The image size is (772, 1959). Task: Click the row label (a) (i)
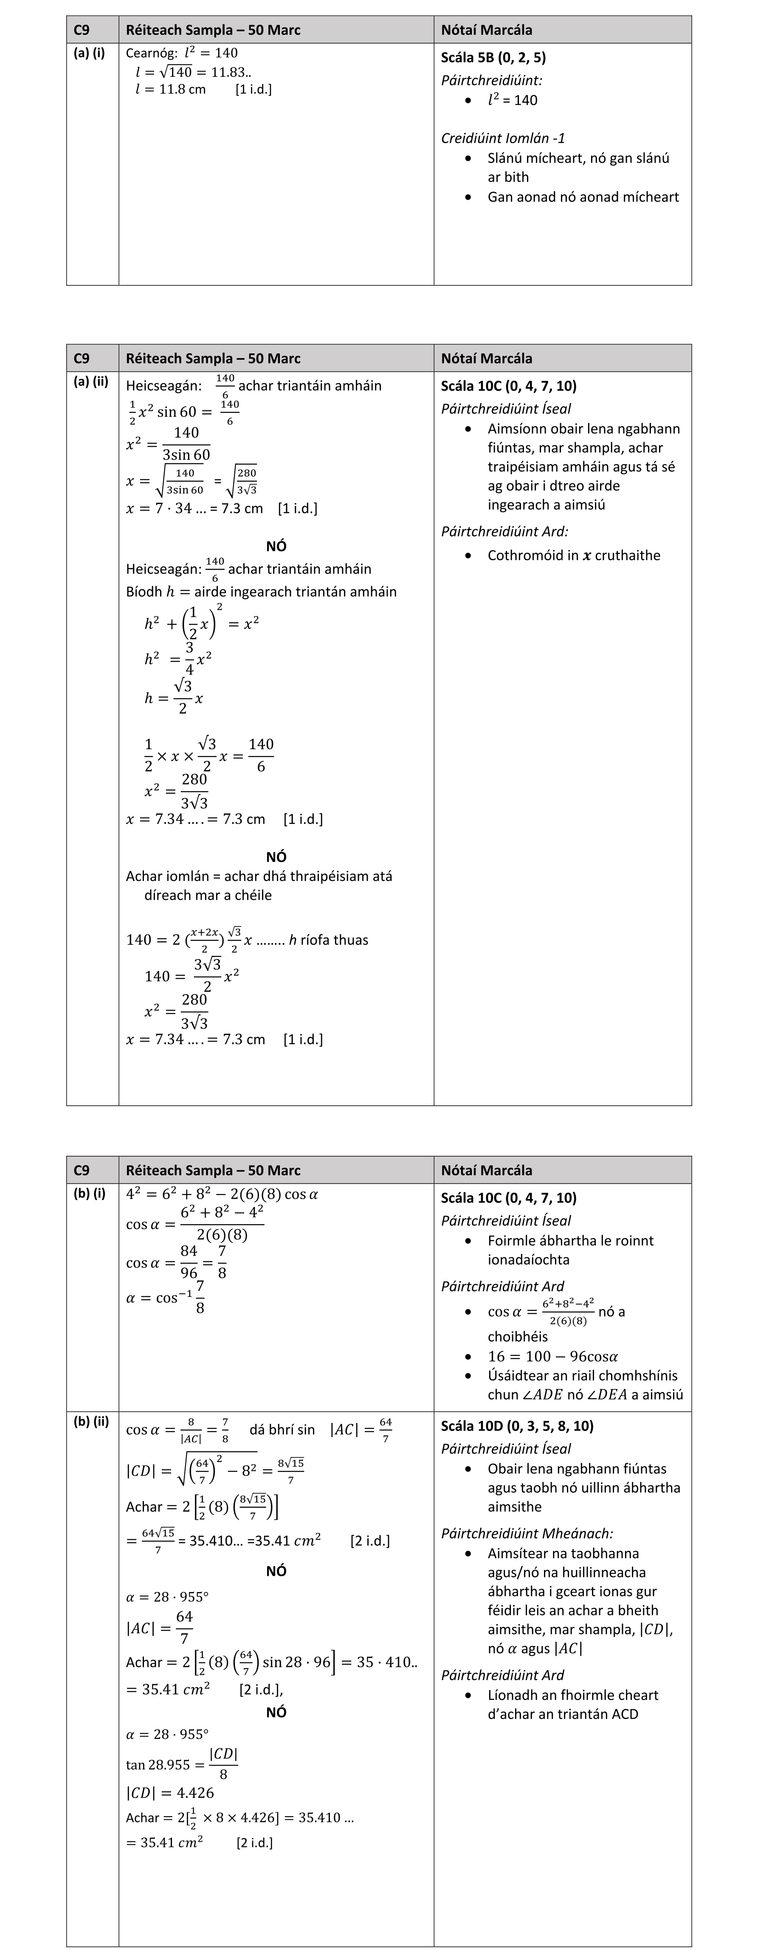point(89,53)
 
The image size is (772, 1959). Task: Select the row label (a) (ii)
point(90,382)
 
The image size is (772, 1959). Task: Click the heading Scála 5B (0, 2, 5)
point(493,58)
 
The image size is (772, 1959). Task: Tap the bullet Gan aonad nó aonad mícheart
point(583,197)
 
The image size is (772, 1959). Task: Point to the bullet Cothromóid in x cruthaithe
point(574,555)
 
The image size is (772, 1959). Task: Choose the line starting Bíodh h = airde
point(261,592)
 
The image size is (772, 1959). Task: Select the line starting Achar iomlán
point(259,876)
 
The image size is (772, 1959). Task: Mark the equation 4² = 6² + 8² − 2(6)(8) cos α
point(221,1194)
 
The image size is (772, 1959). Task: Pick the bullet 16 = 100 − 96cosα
point(552,1356)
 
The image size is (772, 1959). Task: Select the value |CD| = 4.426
point(170,1792)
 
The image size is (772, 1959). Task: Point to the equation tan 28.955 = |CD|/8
point(183,1764)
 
